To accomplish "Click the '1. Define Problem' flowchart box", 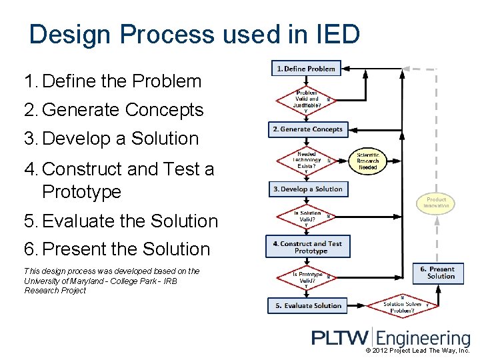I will coord(306,69).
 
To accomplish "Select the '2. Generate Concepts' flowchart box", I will coord(307,129).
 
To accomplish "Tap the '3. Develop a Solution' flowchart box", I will coord(307,189).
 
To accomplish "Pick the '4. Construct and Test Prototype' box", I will coord(307,247).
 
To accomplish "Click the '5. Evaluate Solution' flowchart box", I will coord(308,305).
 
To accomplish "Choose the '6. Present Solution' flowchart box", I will coord(437,273).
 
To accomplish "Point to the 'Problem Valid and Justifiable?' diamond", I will coord(307,101).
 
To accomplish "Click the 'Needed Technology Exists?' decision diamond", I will coord(307,160).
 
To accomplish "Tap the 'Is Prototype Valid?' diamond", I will coord(307,277).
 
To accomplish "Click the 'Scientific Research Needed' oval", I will coord(367,161).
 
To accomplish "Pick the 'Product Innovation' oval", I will coord(436,203).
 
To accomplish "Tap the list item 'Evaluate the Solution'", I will coord(130,221).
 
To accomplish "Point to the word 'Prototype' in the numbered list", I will coord(81,192).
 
